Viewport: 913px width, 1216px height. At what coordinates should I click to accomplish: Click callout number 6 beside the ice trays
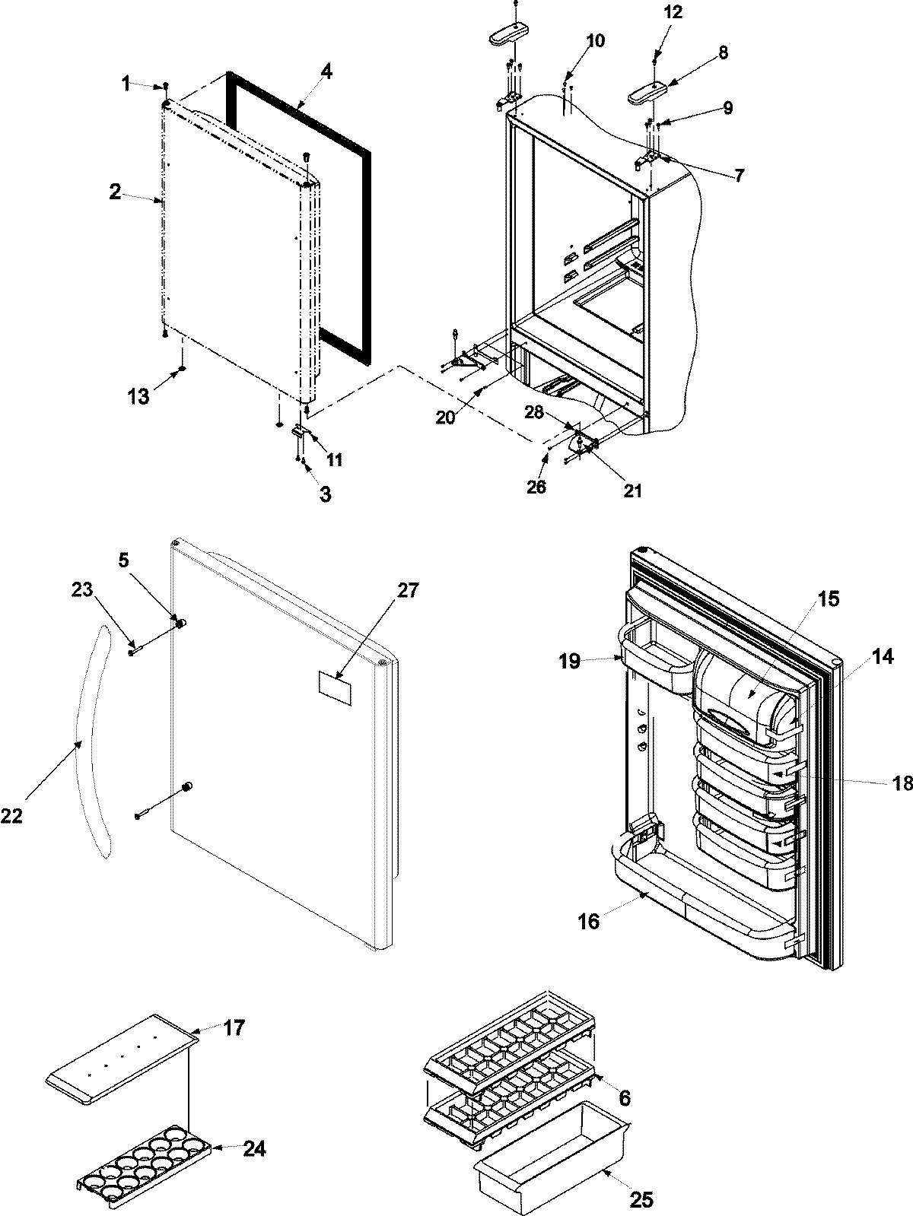pos(624,1098)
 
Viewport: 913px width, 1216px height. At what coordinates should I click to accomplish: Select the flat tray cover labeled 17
pos(118,1050)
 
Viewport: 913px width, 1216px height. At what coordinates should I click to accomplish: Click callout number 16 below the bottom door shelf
pos(589,922)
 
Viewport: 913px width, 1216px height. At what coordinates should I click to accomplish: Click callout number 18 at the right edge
pos(902,783)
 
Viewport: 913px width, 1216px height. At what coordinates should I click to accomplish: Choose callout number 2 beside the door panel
pos(114,192)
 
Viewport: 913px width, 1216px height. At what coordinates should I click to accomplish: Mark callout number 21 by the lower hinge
pos(632,491)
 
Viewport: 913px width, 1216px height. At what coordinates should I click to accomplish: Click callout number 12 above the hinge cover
pos(673,13)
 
